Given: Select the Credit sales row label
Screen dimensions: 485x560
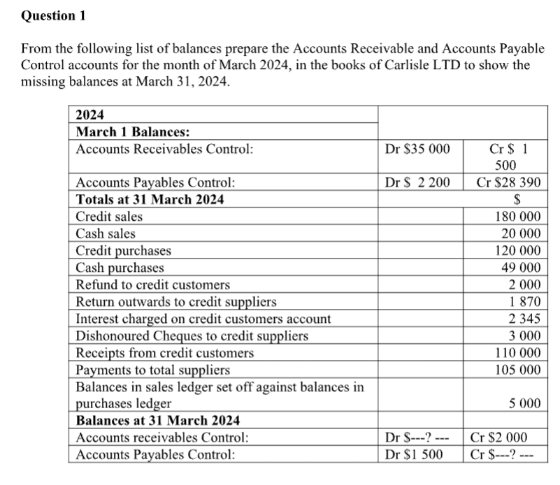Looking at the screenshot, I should (x=109, y=217).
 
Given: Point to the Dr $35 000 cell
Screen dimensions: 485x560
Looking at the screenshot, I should (x=418, y=149).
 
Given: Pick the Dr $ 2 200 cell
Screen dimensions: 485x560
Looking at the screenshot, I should (x=418, y=183).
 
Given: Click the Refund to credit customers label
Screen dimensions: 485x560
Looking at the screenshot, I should (x=152, y=284).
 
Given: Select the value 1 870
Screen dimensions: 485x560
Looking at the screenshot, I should (x=524, y=302).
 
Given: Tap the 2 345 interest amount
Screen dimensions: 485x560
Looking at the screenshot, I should (x=524, y=319).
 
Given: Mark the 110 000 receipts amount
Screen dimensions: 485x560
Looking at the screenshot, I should (x=517, y=353).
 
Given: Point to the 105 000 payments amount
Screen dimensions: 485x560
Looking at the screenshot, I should (x=517, y=370).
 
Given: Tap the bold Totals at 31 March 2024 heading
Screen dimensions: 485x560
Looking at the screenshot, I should (x=150, y=200).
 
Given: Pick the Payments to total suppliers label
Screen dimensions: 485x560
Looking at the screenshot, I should (x=152, y=370).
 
